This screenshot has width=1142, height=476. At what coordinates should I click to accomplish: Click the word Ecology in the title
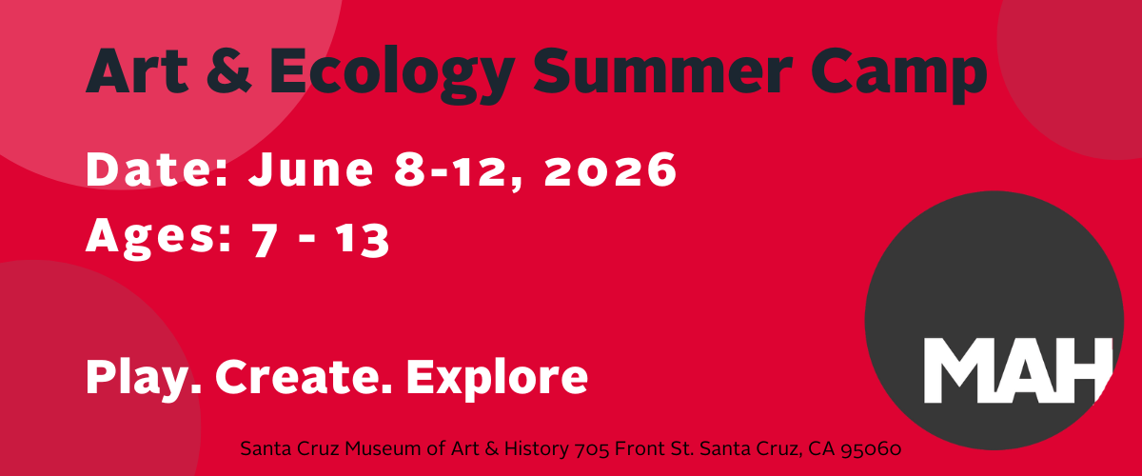(x=391, y=74)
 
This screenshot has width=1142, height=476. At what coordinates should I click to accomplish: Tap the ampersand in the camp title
(x=229, y=70)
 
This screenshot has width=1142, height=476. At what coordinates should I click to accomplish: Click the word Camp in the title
(x=899, y=74)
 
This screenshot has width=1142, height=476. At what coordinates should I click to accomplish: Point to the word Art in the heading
(x=137, y=70)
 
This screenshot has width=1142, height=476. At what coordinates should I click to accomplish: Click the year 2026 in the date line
(x=610, y=169)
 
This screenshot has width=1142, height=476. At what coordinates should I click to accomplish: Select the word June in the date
(x=311, y=169)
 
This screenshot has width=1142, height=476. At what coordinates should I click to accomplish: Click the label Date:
(x=156, y=169)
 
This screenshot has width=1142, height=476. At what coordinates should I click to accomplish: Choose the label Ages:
(x=159, y=238)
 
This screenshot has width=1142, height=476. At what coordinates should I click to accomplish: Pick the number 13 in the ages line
(x=364, y=239)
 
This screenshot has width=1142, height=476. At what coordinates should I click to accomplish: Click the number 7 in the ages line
(x=265, y=239)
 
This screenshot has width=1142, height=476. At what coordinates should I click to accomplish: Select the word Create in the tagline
(x=304, y=377)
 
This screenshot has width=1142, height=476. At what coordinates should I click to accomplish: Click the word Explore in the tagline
(x=497, y=379)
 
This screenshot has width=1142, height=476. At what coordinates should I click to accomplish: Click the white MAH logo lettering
(x=1018, y=370)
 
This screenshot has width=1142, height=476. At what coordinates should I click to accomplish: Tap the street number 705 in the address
(x=592, y=449)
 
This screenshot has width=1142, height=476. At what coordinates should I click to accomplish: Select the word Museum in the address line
(x=383, y=448)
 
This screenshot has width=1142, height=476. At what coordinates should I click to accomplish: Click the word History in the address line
(x=537, y=449)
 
